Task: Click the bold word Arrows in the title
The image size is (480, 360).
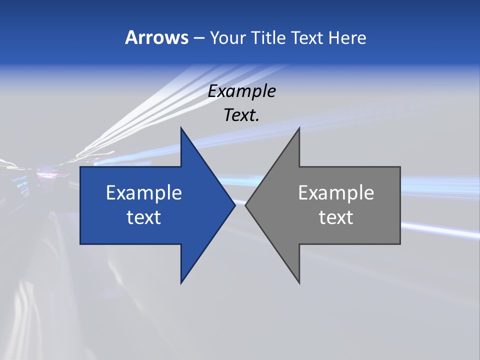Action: click(156, 37)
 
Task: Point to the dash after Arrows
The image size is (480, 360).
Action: click(198, 38)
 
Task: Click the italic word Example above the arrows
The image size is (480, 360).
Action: click(242, 91)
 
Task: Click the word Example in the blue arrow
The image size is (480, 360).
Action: click(144, 192)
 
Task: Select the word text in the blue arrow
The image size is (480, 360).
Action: click(144, 217)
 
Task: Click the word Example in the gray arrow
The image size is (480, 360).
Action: click(336, 192)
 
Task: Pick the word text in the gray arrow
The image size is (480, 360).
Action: click(336, 217)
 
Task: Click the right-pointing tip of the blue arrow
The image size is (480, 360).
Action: click(234, 205)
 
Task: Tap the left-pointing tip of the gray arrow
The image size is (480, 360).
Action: click(245, 205)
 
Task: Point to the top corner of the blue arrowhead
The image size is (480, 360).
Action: click(181, 128)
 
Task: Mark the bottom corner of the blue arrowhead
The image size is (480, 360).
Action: click(181, 283)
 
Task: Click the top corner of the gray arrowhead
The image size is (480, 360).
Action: click(299, 128)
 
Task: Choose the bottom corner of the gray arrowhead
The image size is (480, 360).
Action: click(299, 283)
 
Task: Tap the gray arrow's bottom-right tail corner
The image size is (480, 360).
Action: click(400, 243)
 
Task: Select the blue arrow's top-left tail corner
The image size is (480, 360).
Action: click(80, 167)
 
